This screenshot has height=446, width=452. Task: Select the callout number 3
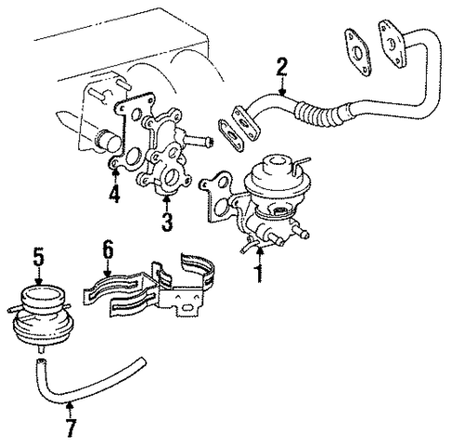pos(167,223)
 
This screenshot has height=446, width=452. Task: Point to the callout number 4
pos(114,195)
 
